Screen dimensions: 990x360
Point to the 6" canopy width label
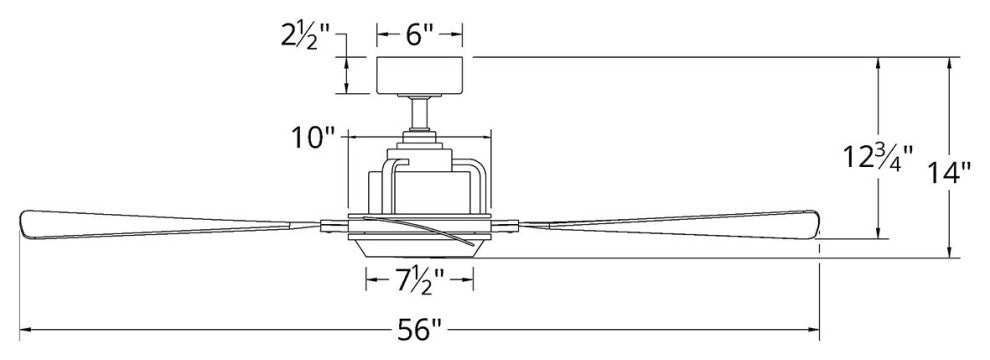coord(420,35)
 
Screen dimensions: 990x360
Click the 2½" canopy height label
coord(307,37)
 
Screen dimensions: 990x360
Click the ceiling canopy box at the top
coord(420,75)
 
